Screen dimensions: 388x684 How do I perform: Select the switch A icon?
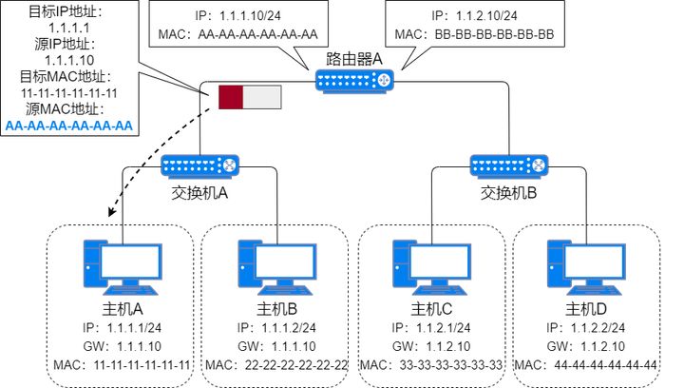click(199, 165)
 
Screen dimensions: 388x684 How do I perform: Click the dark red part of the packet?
click(232, 97)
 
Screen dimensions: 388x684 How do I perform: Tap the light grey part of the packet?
click(263, 97)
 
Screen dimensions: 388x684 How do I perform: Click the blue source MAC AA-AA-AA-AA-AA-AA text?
click(69, 126)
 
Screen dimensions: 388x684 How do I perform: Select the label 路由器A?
click(352, 59)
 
